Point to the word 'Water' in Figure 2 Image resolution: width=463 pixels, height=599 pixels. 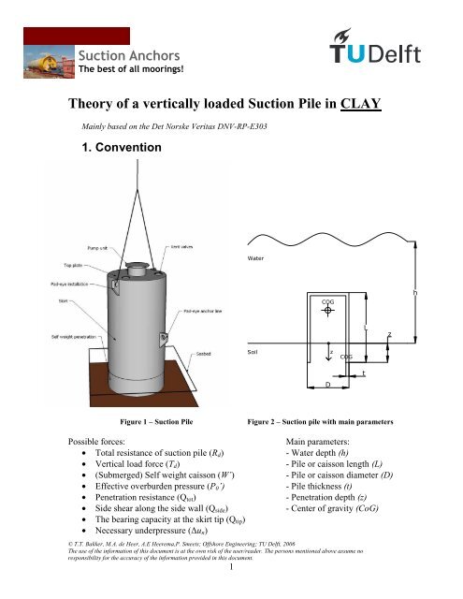click(257, 256)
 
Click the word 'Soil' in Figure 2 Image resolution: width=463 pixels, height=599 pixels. click(253, 353)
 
